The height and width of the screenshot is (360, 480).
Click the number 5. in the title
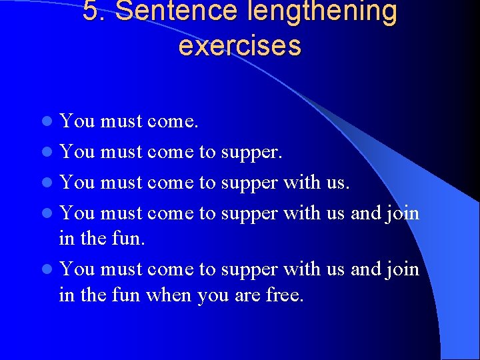[x=96, y=11]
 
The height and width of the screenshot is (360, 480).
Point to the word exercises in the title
[x=240, y=45]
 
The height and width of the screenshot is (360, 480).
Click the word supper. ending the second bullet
[x=251, y=153]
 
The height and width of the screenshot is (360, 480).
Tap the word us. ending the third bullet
[x=337, y=183]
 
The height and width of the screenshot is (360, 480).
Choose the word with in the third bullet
[x=301, y=182]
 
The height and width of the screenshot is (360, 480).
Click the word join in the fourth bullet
[x=403, y=213]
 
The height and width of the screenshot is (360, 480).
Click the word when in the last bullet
[x=170, y=294]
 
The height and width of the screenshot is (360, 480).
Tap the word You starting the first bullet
[x=77, y=121]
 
